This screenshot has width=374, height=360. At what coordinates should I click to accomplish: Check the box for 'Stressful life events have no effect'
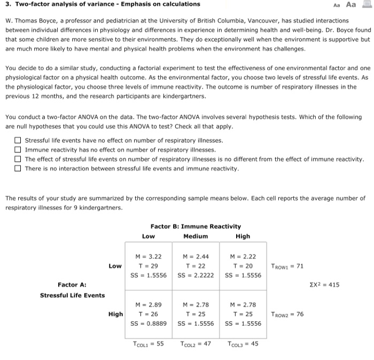click(18, 141)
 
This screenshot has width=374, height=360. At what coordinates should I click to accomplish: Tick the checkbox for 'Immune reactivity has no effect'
click(18, 150)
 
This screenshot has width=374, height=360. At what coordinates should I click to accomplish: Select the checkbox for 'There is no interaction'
click(18, 168)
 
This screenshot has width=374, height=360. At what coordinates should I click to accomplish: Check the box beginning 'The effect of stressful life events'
click(18, 159)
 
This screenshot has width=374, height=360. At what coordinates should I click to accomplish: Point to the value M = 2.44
click(196, 257)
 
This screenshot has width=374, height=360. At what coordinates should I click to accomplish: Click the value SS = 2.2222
click(196, 275)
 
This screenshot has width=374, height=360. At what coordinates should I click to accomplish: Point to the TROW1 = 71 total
click(287, 266)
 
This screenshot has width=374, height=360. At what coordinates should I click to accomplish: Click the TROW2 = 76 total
click(287, 314)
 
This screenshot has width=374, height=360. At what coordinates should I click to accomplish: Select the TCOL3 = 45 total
click(243, 344)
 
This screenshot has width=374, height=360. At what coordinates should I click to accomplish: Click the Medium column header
click(196, 236)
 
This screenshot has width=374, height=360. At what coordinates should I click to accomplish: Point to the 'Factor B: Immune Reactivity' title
click(196, 227)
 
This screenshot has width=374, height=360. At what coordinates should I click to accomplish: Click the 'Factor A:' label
click(72, 285)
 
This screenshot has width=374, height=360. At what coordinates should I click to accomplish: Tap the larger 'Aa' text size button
click(351, 5)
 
